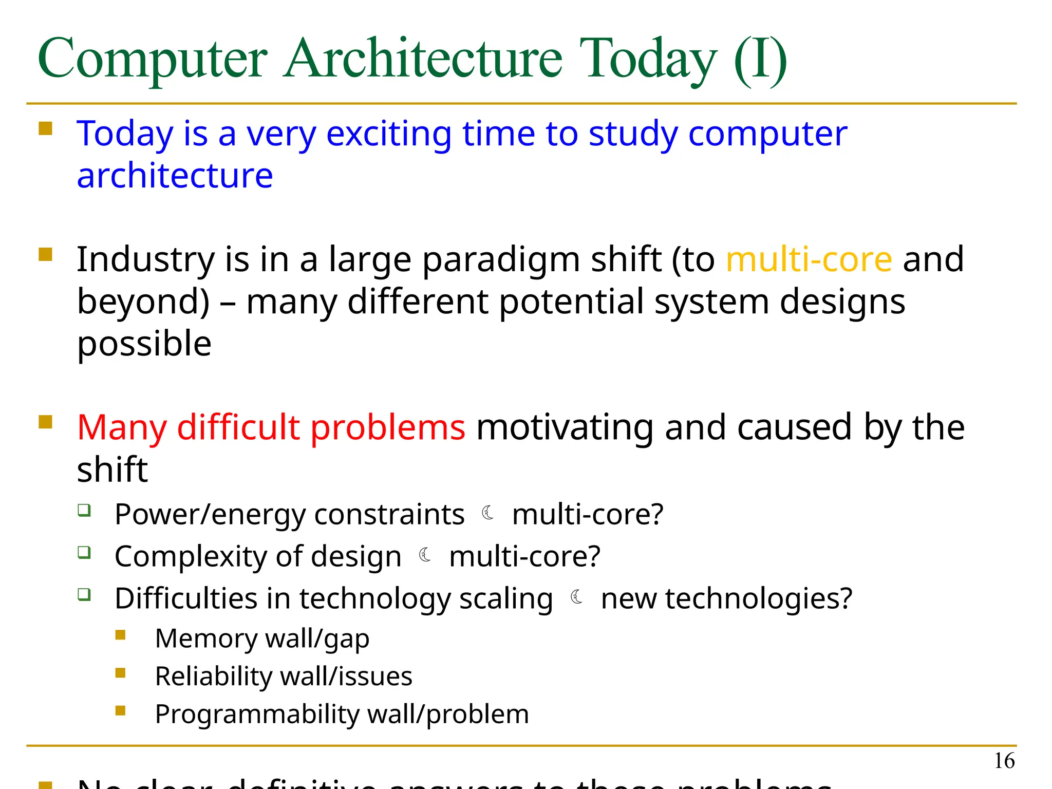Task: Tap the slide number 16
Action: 1004,761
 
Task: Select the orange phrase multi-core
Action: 809,259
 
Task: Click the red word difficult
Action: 238,427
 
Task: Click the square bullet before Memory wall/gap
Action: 121,635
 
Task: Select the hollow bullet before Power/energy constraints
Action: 85,510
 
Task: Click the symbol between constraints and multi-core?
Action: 488,513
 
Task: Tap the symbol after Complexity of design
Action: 425,555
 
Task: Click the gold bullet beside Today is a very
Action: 46,128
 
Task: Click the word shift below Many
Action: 112,469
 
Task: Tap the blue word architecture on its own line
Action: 175,176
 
